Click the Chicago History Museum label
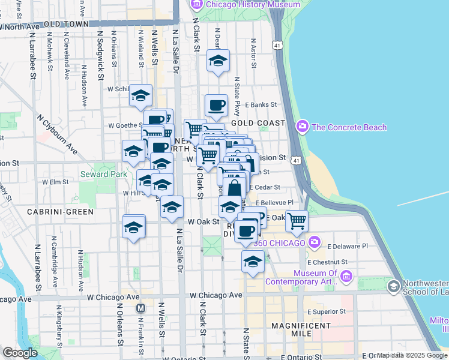click(253, 4)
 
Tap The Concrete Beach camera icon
click(302, 127)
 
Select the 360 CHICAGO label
click(279, 242)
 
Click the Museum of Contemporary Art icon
click(346, 276)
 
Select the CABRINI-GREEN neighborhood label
click(60, 212)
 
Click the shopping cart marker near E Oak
click(297, 221)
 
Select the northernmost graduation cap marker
click(218, 61)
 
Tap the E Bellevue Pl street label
click(277, 203)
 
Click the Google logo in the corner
click(20, 353)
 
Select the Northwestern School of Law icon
click(394, 286)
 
